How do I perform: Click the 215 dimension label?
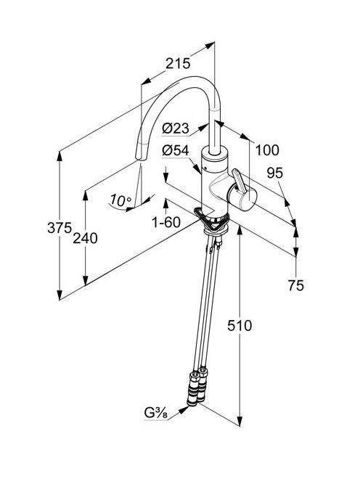click(x=178, y=63)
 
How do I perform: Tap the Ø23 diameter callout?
click(x=176, y=128)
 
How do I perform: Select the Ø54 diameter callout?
click(x=176, y=151)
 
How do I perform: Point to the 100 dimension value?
click(x=267, y=150)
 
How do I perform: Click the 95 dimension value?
click(x=274, y=173)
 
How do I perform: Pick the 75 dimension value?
click(x=295, y=285)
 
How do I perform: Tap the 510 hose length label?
click(x=240, y=326)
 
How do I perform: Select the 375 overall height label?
click(x=60, y=228)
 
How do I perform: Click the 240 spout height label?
click(x=85, y=238)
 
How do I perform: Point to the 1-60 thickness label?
click(x=166, y=222)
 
